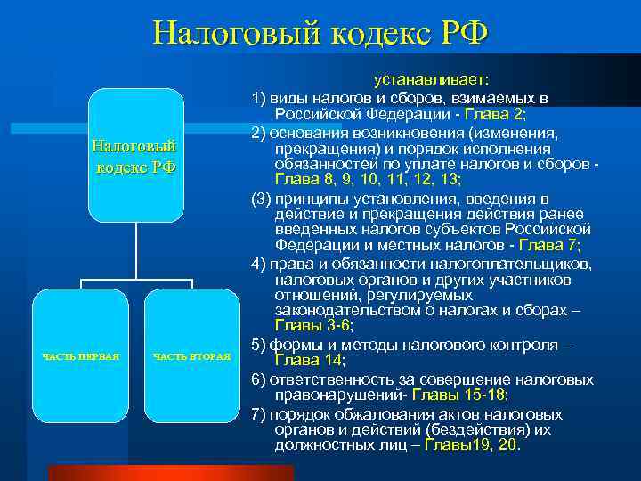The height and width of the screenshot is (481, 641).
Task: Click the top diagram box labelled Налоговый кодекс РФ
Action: pos(136,155)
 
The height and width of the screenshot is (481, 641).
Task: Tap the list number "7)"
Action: pos(259,415)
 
